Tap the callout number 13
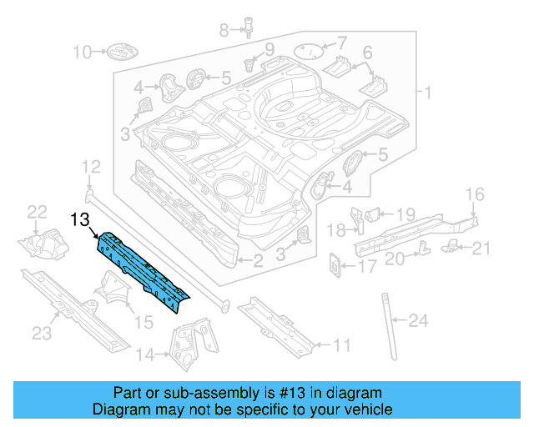[x=80, y=220]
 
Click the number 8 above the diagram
[x=223, y=31]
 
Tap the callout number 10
[x=81, y=53]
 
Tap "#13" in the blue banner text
[x=284, y=393]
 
